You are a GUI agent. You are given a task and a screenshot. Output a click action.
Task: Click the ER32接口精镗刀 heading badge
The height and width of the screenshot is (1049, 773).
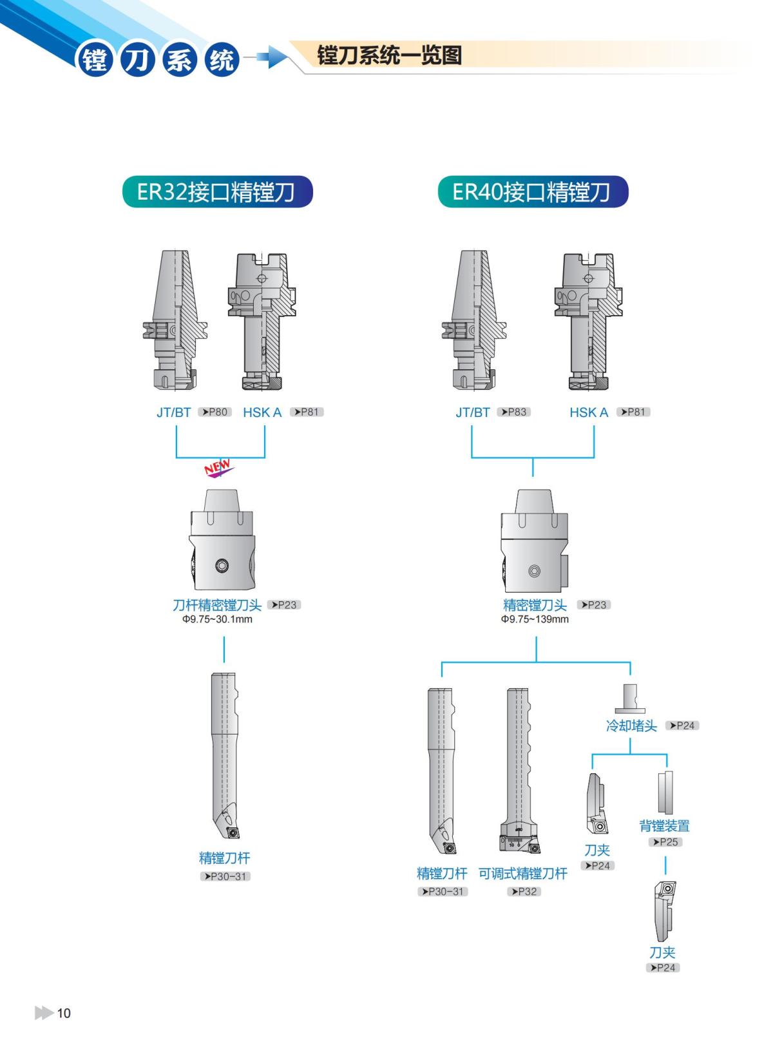tap(217, 192)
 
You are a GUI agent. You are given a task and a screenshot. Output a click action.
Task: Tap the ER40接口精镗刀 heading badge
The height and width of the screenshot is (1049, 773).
tap(533, 192)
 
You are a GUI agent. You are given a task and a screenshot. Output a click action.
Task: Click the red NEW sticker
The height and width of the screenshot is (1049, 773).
tap(218, 467)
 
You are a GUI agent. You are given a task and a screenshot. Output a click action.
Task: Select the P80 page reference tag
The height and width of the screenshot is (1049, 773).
tap(215, 412)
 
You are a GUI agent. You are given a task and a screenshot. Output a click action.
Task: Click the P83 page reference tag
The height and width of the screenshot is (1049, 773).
tap(513, 412)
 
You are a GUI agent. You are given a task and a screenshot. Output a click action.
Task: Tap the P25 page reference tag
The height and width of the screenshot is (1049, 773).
tap(665, 842)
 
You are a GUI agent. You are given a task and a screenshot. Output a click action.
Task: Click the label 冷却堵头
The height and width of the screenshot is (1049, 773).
tap(631, 726)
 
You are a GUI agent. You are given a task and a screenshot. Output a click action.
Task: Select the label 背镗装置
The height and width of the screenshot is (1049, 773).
tap(664, 825)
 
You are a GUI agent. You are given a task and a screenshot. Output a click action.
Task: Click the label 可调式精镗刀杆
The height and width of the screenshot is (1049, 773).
tap(522, 874)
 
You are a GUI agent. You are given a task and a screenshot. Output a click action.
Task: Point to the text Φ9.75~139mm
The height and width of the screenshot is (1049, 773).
tap(535, 619)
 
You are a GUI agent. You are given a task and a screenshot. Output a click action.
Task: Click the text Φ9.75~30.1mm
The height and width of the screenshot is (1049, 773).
tap(217, 619)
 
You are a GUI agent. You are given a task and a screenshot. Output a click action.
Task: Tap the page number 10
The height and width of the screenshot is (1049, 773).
tap(64, 1013)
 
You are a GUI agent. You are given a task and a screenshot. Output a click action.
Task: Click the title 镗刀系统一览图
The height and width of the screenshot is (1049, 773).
tap(390, 55)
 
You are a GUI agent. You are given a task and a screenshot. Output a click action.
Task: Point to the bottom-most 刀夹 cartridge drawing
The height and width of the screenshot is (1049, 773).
tap(663, 910)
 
